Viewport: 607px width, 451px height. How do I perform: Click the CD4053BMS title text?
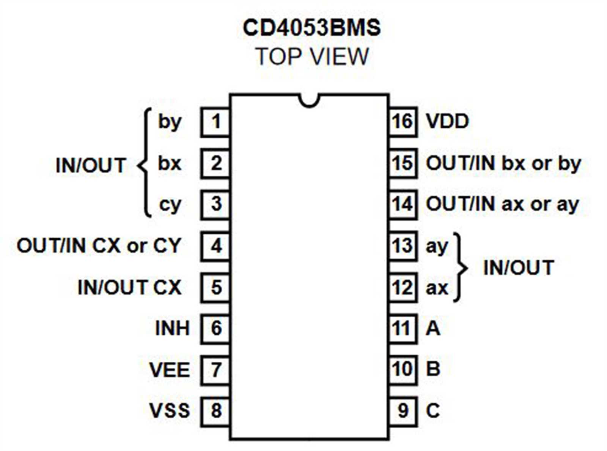coord(311,28)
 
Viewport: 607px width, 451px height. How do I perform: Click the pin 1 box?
coord(215,122)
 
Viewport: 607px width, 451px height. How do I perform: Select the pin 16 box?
coord(403,122)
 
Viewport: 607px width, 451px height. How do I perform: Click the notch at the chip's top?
coord(309,100)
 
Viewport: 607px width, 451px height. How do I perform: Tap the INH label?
coord(172,328)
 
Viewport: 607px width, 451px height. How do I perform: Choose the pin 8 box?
coord(215,411)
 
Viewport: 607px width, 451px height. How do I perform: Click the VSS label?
coord(169,411)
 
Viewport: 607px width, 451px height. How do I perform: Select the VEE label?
coord(169,370)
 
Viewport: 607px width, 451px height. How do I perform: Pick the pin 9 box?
coord(403,411)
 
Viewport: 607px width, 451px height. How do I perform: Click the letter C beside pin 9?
coord(433,411)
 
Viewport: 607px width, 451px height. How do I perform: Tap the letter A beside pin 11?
coord(433,328)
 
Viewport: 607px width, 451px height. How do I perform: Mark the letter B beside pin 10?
coord(433,369)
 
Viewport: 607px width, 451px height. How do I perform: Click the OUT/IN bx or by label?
coord(503,164)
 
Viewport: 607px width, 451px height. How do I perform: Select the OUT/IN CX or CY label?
coord(99,246)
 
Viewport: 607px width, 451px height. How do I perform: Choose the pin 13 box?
coord(403,246)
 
